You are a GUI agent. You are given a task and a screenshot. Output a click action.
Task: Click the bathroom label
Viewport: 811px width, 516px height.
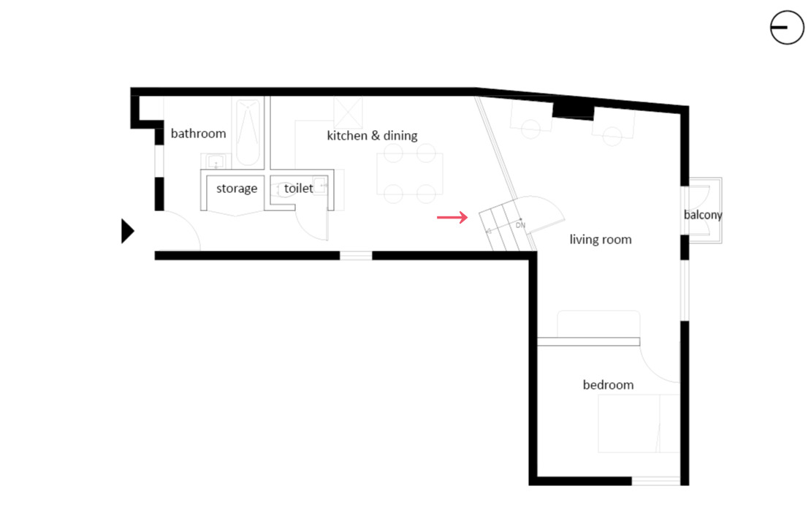point(198,134)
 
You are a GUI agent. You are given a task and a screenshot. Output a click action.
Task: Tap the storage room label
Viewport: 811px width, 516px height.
point(237,189)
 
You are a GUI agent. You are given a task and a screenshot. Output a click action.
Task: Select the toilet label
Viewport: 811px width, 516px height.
point(299,189)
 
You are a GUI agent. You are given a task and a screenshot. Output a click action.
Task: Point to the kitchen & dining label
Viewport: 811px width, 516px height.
point(372,135)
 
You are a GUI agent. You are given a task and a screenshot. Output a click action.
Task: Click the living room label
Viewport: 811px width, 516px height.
point(601,240)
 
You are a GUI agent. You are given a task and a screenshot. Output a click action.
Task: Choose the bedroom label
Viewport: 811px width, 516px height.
point(608,385)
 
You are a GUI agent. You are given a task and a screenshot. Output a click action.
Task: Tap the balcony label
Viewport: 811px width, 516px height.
point(702,215)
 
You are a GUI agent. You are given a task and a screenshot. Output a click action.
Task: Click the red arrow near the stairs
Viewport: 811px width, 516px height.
point(452,217)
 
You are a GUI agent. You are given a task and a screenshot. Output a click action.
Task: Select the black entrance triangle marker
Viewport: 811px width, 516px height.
point(127,232)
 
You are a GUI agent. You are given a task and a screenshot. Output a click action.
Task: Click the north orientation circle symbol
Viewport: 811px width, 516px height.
point(787,28)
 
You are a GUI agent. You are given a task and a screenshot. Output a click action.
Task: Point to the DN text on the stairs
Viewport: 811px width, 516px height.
point(520,225)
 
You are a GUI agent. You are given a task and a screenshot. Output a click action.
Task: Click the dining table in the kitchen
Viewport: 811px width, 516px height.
point(410,173)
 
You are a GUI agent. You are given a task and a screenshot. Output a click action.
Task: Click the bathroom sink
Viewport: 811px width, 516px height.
point(214,162)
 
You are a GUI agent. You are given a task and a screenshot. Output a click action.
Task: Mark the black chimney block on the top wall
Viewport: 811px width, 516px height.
point(572,109)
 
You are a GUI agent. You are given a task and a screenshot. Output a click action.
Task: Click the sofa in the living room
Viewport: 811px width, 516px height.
point(598,323)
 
